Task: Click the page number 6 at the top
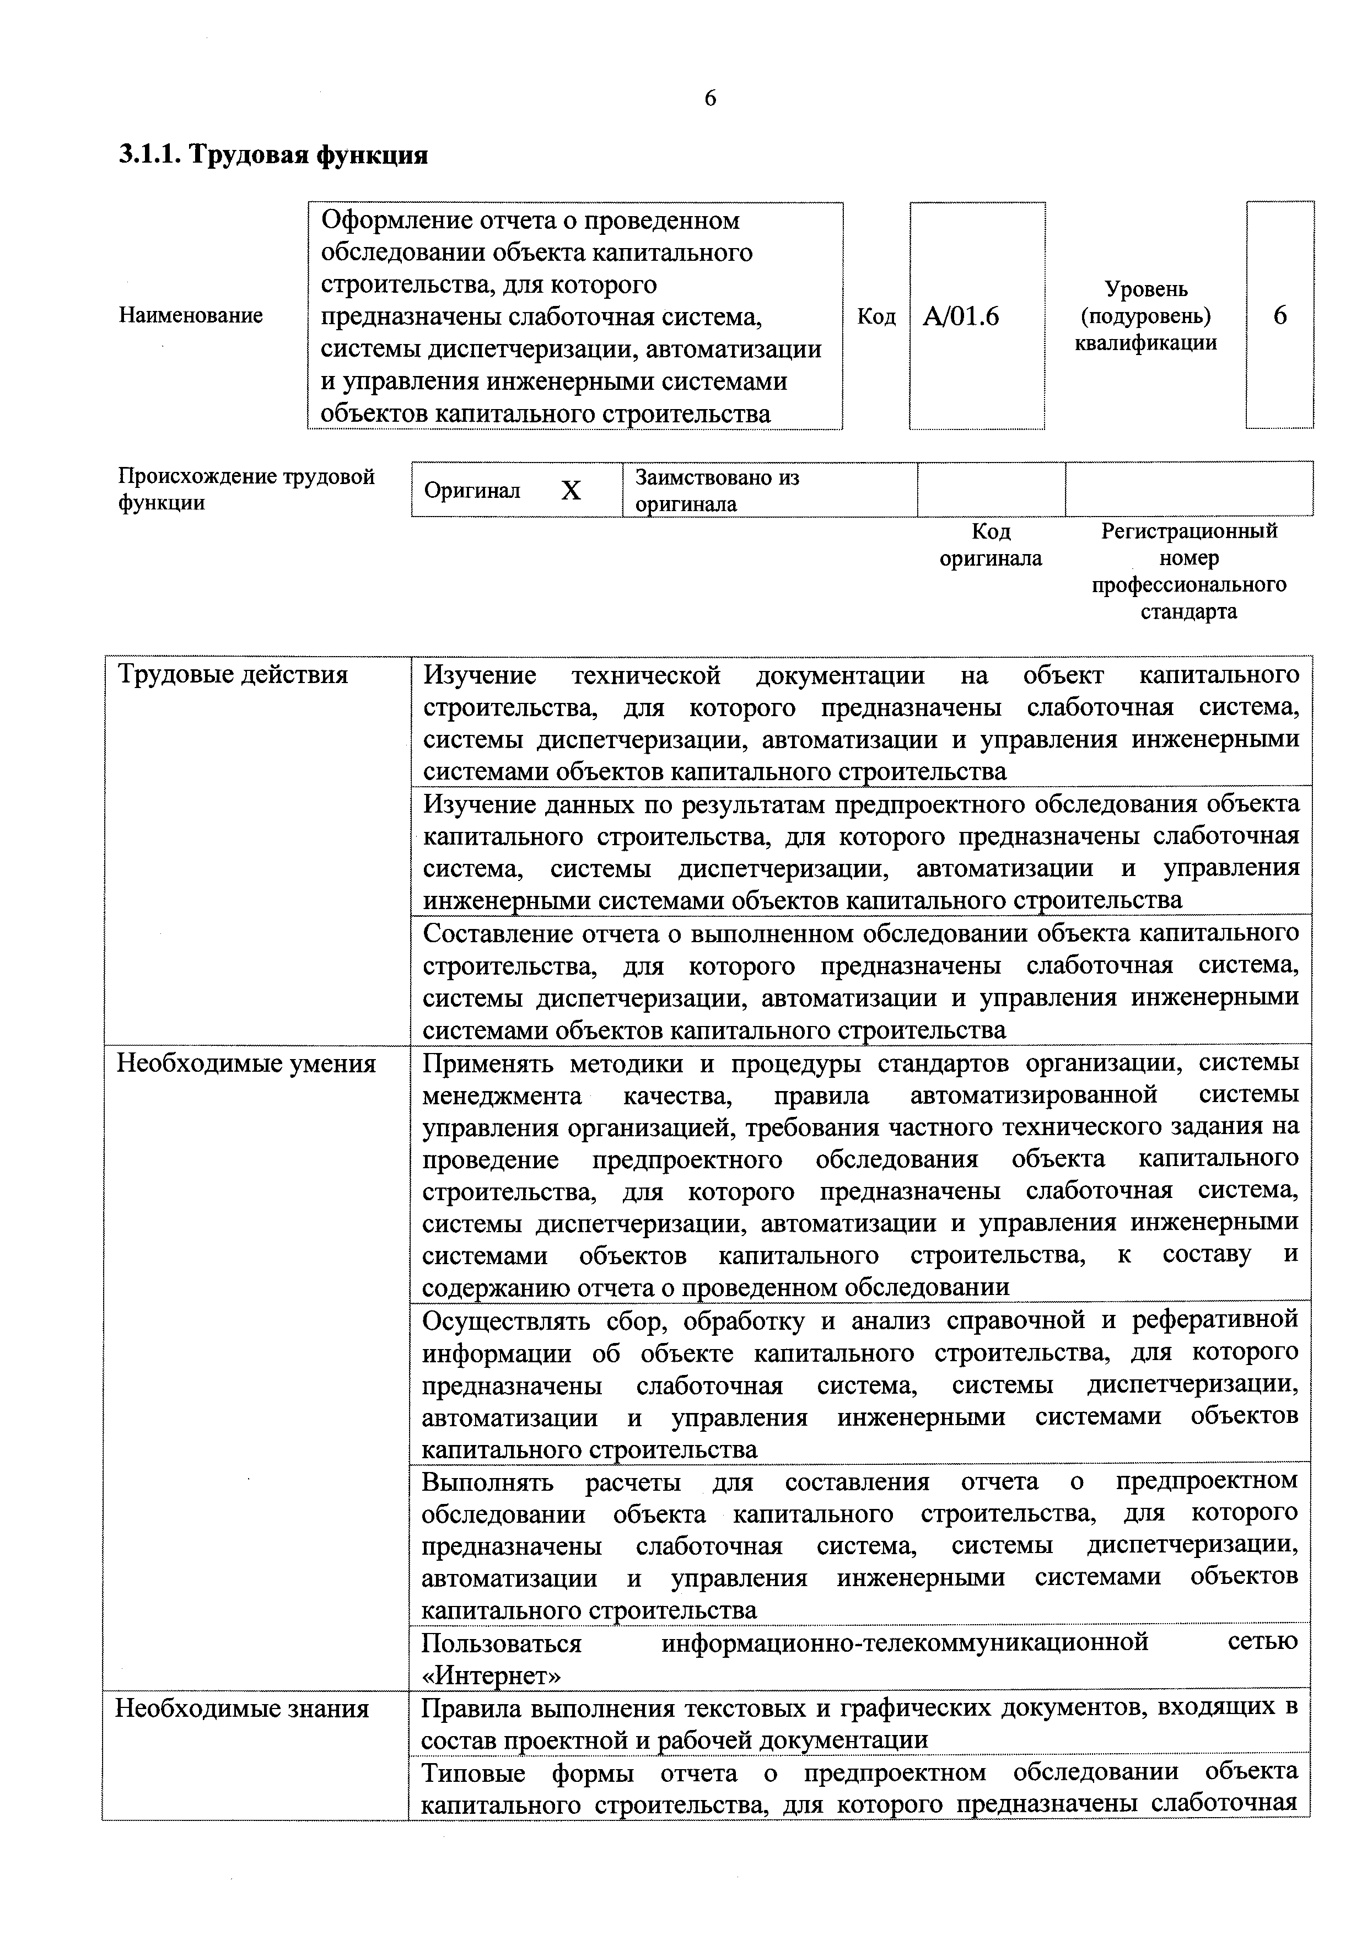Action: pyautogui.click(x=710, y=99)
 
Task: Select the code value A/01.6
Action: pyautogui.click(x=961, y=316)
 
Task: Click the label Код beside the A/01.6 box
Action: pyautogui.click(x=876, y=316)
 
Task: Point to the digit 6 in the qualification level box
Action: pyautogui.click(x=1279, y=316)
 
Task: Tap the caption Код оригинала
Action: pyautogui.click(x=991, y=545)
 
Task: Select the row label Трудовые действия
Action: pyautogui.click(x=233, y=675)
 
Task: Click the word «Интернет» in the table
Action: pyautogui.click(x=490, y=1676)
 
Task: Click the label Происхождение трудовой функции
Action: pyautogui.click(x=246, y=490)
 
